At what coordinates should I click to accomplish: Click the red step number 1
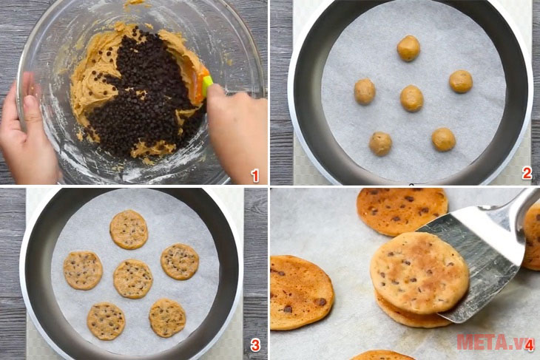pos(255,176)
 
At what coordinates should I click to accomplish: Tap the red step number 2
pos(527,173)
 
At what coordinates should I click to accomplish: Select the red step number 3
pos(255,344)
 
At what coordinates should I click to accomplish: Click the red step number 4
pos(530,344)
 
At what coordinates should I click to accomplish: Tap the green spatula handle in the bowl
pos(206,85)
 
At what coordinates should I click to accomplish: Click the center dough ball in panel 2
pos(411,98)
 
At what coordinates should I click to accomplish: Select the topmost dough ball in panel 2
pos(408,48)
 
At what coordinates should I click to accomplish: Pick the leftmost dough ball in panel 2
pos(365,92)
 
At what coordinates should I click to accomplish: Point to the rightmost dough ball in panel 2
pos(461,81)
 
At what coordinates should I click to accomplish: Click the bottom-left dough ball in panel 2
pos(380,143)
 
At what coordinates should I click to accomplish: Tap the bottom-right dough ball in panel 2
pos(444,140)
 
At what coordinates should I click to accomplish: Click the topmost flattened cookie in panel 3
pos(129,230)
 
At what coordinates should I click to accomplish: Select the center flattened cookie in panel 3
pos(133,279)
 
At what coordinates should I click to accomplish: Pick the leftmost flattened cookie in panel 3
pos(83,271)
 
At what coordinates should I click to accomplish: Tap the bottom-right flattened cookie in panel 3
pos(167,318)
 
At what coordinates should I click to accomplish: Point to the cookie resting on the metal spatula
pos(419,274)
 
